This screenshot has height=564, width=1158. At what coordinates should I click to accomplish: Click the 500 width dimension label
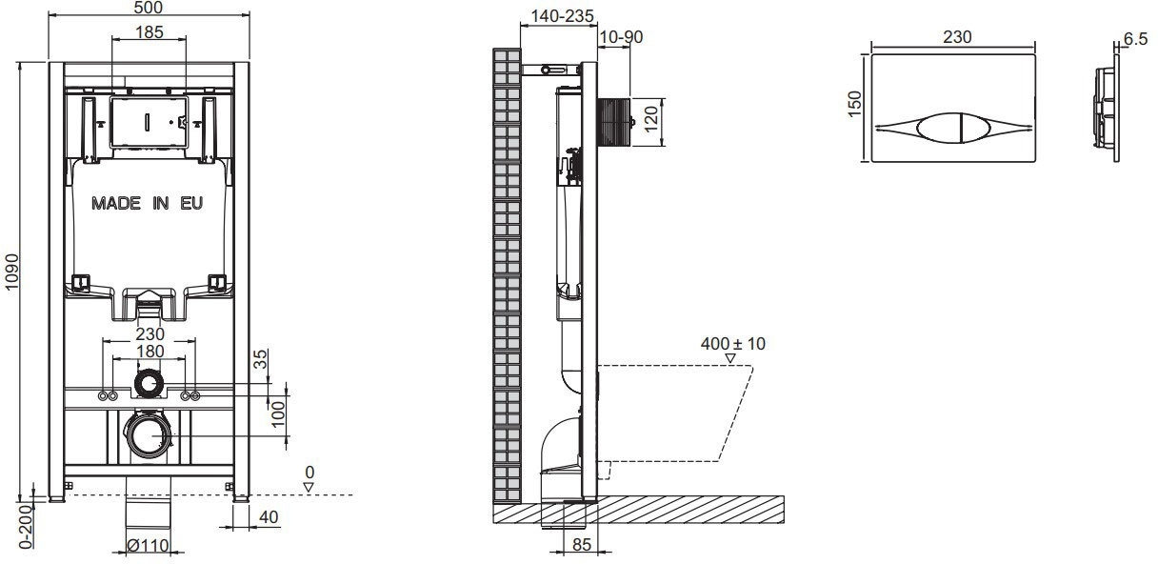[x=149, y=8]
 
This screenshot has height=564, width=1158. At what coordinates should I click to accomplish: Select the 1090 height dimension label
[x=11, y=272]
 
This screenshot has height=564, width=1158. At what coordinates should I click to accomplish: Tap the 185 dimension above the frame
[x=149, y=32]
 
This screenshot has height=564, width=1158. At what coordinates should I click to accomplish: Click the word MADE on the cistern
[x=116, y=203]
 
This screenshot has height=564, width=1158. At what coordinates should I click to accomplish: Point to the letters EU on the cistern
[x=191, y=203]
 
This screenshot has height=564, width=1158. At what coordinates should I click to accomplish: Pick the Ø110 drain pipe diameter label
[x=148, y=545]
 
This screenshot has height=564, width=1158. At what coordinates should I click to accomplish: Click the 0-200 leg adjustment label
[x=26, y=526]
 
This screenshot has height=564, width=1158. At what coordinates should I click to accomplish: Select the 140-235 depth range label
[x=563, y=16]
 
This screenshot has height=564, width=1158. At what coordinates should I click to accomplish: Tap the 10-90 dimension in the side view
[x=621, y=37]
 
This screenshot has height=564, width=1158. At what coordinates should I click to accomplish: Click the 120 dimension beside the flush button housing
[x=651, y=118]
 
